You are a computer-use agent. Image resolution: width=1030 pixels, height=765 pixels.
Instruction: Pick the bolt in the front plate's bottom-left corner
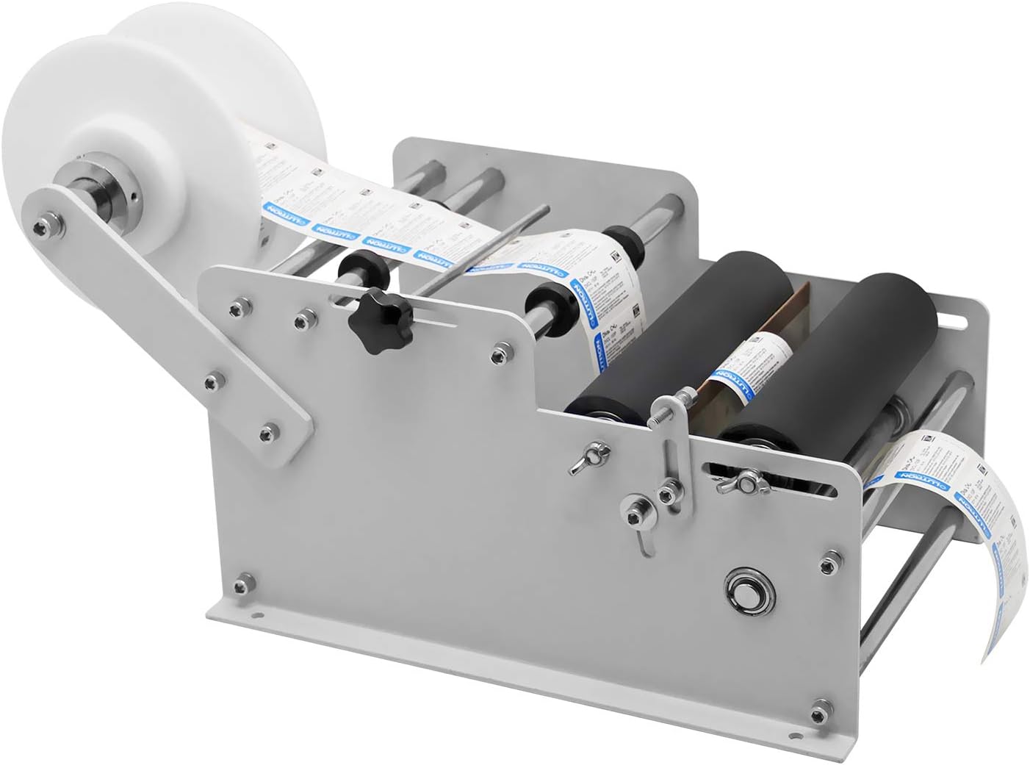(x=240, y=585)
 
